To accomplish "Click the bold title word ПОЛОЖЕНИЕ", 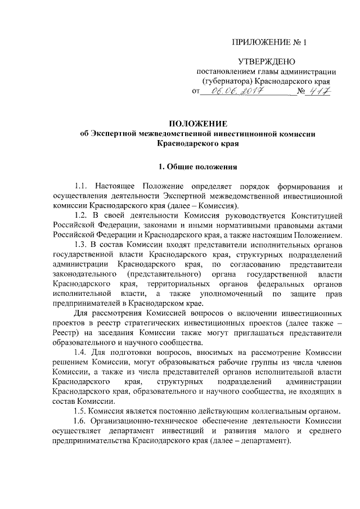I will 199,123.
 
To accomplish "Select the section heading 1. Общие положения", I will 199,166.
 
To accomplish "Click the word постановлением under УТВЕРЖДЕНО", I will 224,71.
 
